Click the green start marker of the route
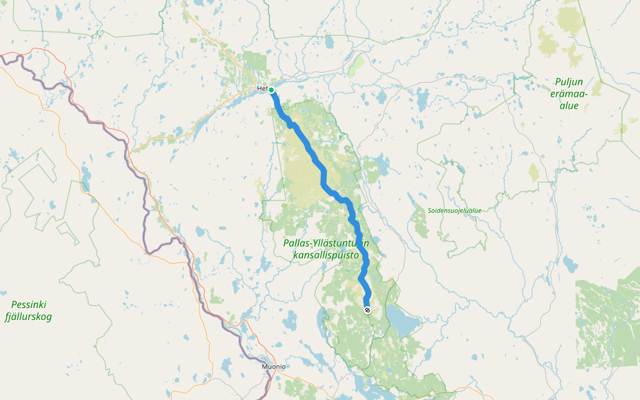point(272,90)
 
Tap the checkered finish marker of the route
point(367,309)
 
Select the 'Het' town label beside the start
point(262,89)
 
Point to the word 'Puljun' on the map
point(569,82)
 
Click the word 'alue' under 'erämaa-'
point(569,106)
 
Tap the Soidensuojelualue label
point(455,211)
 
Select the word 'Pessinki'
point(29,305)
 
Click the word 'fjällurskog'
point(28,317)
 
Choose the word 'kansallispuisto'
point(326,255)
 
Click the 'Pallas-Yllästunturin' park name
point(326,243)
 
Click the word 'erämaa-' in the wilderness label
point(569,94)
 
